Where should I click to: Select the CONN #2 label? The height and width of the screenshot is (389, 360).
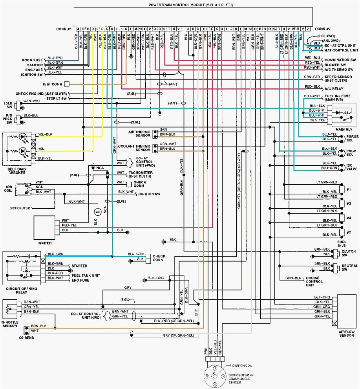click(323, 29)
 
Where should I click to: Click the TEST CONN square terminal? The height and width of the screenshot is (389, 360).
click(67, 84)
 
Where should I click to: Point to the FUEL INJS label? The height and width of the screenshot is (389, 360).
click(342, 244)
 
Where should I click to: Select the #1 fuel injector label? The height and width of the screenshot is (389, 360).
click(348, 189)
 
